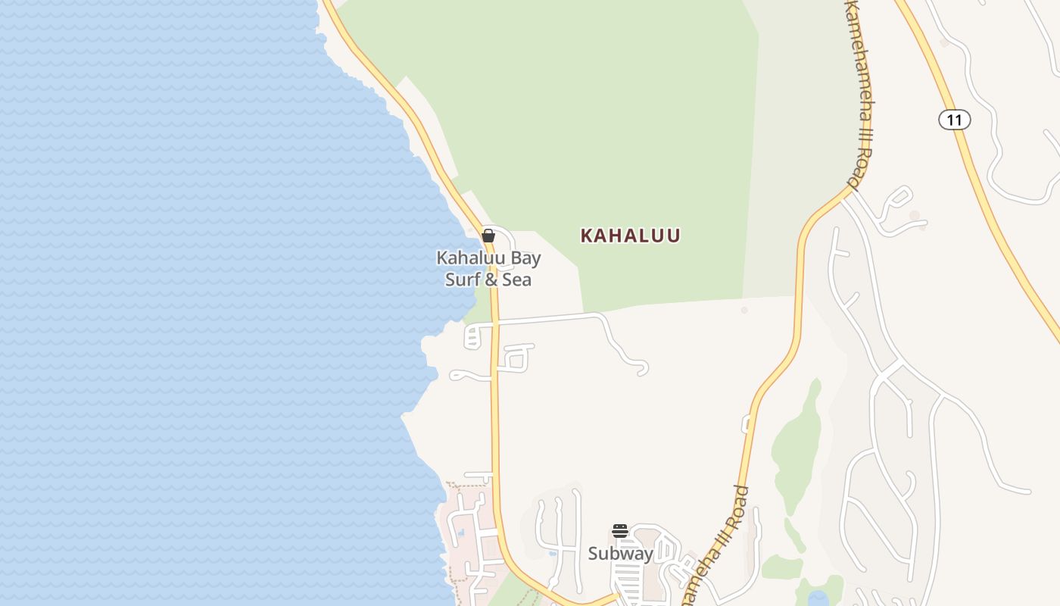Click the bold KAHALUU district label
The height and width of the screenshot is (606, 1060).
630,236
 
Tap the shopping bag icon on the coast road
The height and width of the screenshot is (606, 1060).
488,236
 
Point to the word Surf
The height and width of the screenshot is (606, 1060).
461,280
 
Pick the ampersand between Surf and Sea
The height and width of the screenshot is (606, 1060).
490,280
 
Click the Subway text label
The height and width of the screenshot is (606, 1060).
620,554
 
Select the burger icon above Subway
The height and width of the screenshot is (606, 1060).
620,531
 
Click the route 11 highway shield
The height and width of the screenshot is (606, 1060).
954,120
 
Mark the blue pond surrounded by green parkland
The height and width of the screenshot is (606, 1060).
818,598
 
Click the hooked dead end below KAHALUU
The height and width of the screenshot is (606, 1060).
643,369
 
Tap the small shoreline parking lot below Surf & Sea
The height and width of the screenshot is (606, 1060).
473,336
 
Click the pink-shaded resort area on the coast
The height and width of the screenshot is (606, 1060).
469,530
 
